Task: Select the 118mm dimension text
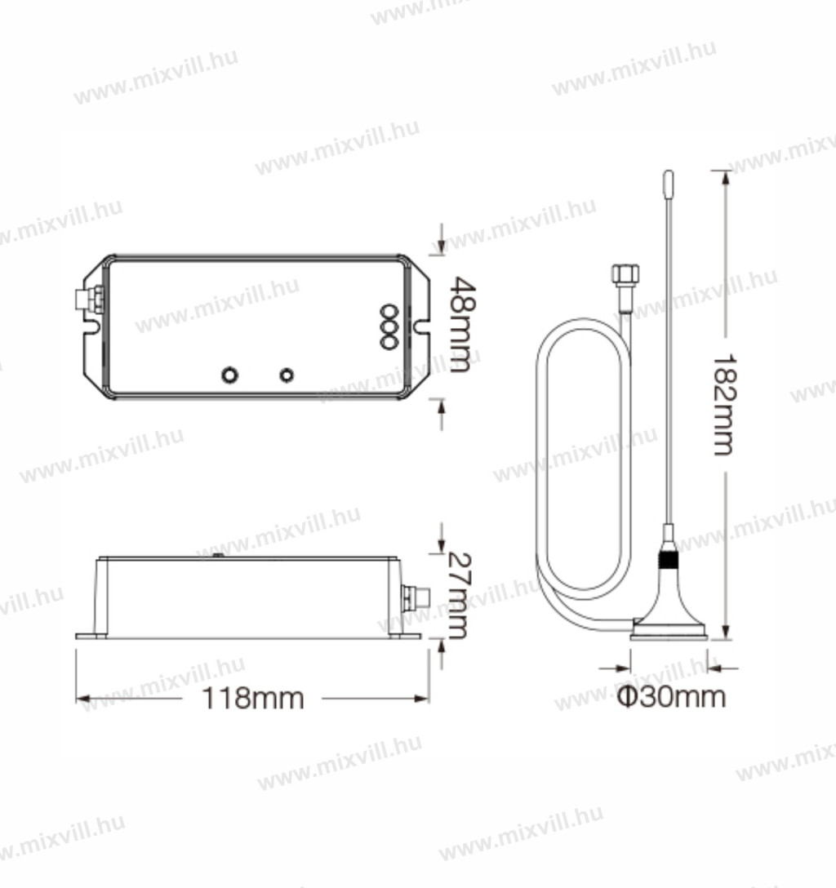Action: pos(252,699)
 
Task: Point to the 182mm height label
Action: pos(723,405)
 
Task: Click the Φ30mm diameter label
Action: pos(671,696)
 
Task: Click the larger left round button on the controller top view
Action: pos(229,375)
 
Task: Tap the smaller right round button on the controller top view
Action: pos(287,375)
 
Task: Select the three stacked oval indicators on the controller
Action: pos(389,326)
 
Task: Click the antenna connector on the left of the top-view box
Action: pos(90,300)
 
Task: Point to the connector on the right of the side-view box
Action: pos(416,598)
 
